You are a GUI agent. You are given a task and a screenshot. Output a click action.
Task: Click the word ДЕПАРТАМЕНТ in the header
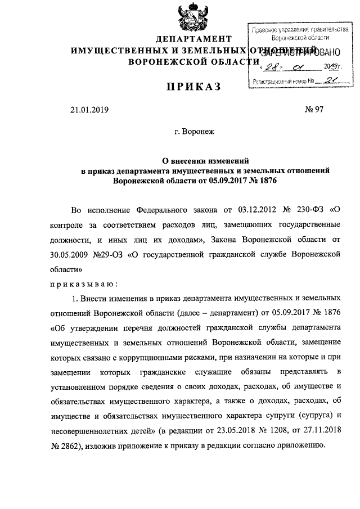tap(193, 39)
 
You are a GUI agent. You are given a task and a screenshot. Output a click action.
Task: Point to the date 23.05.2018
tap(249, 429)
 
